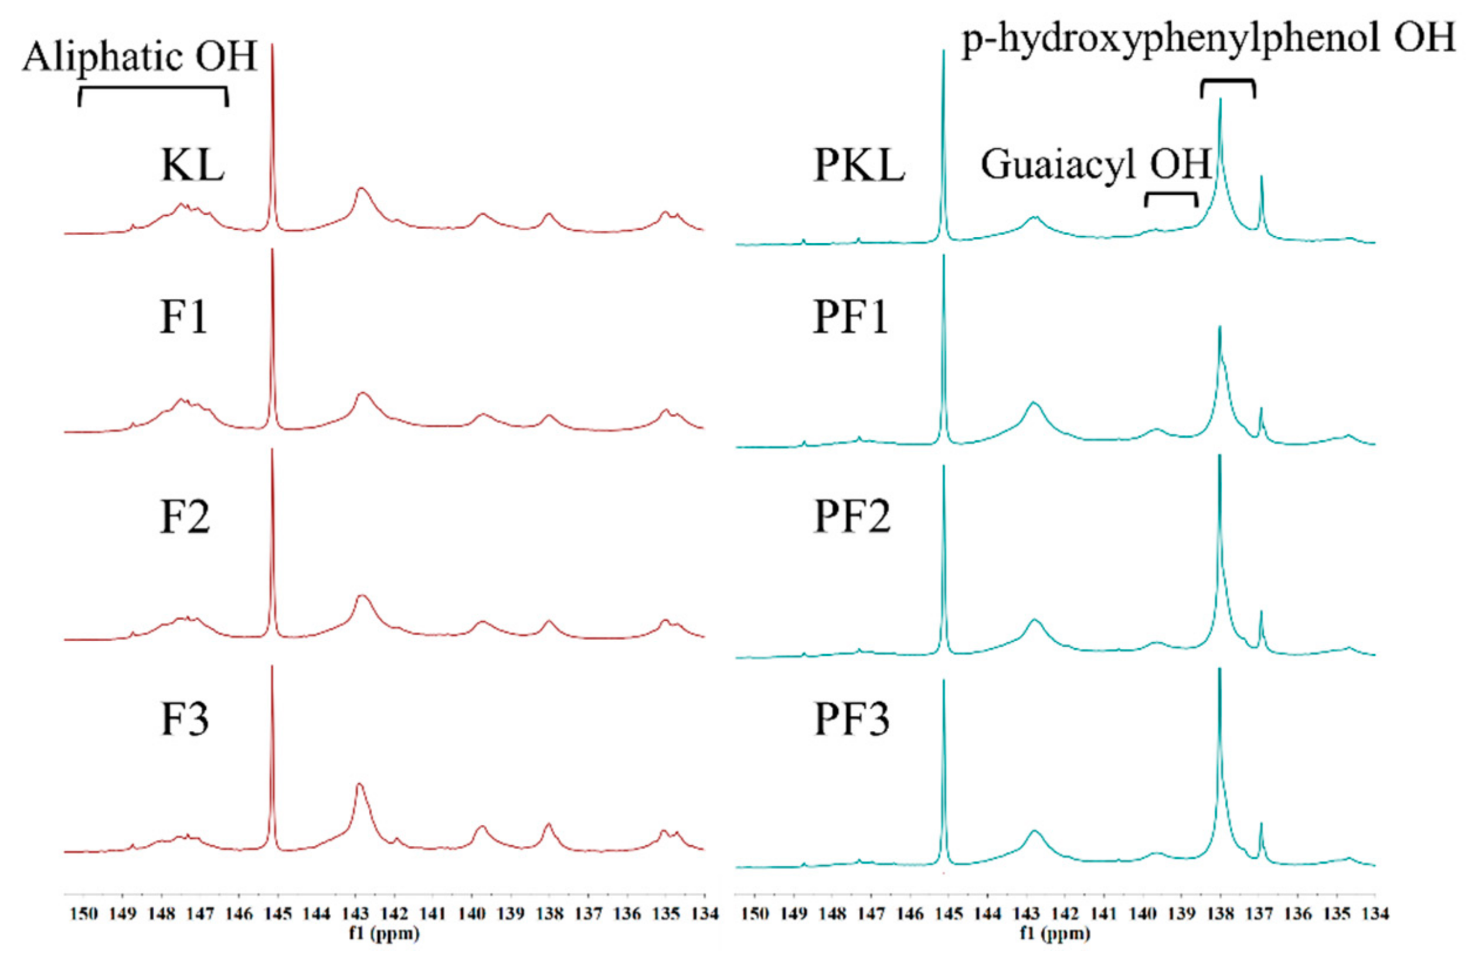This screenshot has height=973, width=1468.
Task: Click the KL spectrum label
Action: click(x=192, y=166)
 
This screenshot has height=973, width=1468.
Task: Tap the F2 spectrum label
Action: click(x=185, y=517)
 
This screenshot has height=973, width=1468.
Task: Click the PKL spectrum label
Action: click(x=859, y=166)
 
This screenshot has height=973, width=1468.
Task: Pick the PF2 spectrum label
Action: click(x=852, y=517)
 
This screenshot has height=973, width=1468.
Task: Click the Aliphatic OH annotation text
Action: click(x=140, y=57)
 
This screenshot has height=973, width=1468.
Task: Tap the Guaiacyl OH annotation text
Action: click(x=1096, y=165)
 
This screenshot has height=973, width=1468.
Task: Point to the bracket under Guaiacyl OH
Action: click(x=1171, y=198)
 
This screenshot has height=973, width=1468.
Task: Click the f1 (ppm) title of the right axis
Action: click(x=1055, y=933)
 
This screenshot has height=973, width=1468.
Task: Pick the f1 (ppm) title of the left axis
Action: click(x=384, y=933)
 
